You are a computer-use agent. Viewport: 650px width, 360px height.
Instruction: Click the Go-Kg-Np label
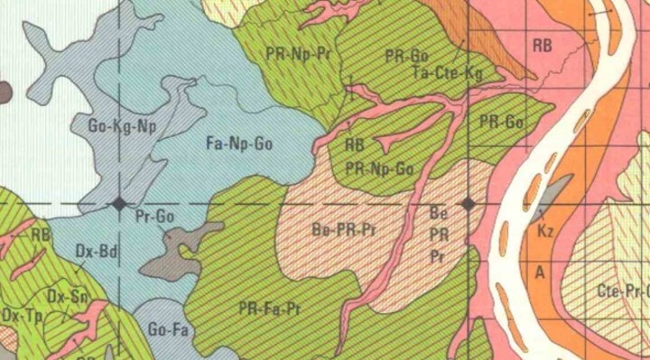coord(123,126)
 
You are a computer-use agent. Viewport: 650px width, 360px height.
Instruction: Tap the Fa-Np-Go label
coord(239,142)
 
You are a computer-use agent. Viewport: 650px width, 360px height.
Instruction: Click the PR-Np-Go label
coord(379,168)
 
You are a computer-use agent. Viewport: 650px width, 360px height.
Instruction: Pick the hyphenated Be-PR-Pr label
coord(343,228)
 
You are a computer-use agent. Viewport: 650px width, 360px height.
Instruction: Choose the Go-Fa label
coord(166,330)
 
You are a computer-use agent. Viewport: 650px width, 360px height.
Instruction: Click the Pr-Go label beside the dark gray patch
coord(153,217)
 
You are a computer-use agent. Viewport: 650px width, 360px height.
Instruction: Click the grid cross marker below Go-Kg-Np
coord(119,205)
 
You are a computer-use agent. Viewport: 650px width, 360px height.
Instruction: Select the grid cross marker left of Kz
coord(468,205)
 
